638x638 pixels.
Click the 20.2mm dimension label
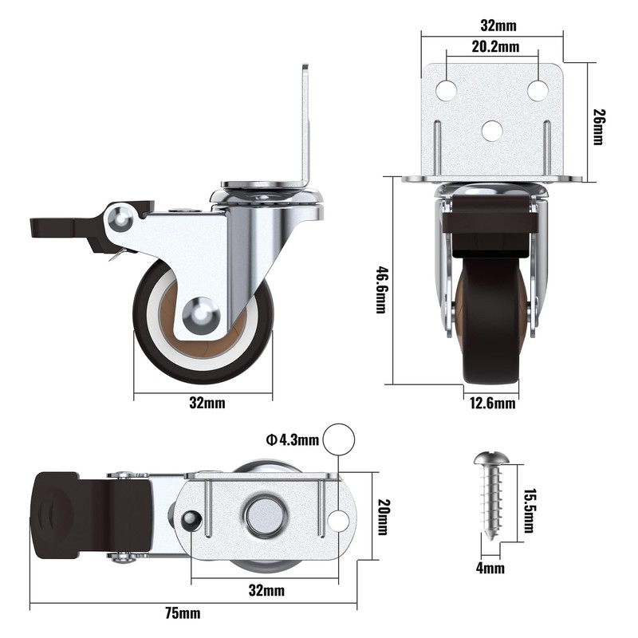[494, 47]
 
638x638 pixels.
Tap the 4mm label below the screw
[492, 568]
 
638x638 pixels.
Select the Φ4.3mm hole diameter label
[293, 439]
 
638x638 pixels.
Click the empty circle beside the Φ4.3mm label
[339, 439]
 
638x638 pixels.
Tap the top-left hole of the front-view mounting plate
[447, 91]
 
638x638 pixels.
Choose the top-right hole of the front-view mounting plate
[538, 91]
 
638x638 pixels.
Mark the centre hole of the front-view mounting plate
[493, 129]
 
